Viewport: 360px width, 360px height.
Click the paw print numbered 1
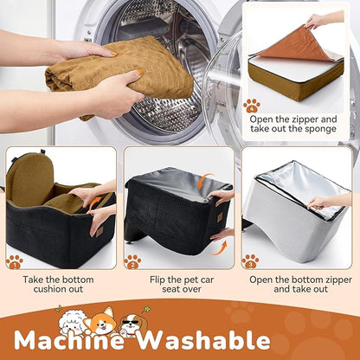(x=15, y=262)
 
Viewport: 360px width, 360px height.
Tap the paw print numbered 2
(x=132, y=262)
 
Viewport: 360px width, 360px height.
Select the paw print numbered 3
(x=250, y=261)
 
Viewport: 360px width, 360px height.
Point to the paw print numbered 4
(x=252, y=106)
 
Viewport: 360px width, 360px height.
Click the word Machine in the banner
(x=69, y=339)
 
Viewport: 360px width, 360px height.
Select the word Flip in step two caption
(x=157, y=280)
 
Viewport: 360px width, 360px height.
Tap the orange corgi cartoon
(x=103, y=321)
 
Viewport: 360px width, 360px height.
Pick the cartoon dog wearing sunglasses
(x=132, y=325)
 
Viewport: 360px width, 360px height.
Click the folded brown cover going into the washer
(x=119, y=74)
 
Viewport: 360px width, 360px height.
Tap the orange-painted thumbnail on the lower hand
(x=140, y=73)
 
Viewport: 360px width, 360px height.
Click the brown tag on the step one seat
(x=100, y=232)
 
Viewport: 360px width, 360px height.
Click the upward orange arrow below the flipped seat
(x=220, y=248)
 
